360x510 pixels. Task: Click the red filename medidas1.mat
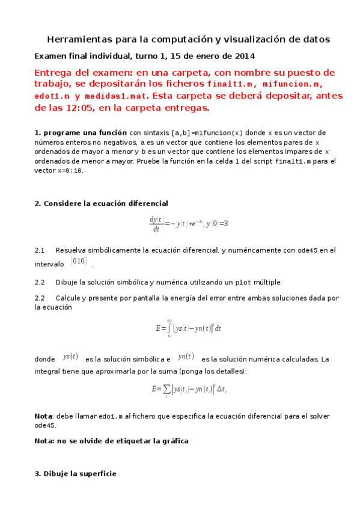pyautogui.click(x=120, y=96)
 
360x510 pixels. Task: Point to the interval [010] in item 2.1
pyautogui.click(x=79, y=261)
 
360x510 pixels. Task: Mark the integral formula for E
pyautogui.click(x=189, y=328)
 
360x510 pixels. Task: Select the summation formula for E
pyautogui.click(x=189, y=389)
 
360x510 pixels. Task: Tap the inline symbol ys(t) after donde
pyautogui.click(x=70, y=357)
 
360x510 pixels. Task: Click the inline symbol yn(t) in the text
pyautogui.click(x=186, y=357)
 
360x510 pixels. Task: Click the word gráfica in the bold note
pyautogui.click(x=171, y=441)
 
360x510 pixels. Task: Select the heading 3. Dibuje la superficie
pyautogui.click(x=75, y=474)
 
